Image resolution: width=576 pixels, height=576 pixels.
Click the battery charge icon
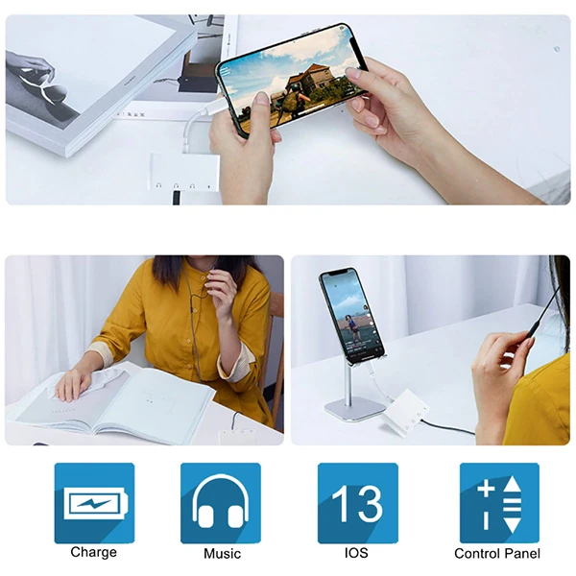point(94,503)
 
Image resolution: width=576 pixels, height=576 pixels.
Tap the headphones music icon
point(221,503)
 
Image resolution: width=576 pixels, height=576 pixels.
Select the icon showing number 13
point(358,503)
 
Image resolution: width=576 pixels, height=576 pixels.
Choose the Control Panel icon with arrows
point(499,503)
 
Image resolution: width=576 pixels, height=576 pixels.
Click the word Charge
point(94,552)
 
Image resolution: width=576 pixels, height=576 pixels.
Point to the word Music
point(223,553)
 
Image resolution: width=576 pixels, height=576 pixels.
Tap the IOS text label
point(356,553)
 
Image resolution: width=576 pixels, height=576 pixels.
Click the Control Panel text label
point(497,553)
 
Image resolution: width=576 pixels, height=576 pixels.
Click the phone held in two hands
point(291,80)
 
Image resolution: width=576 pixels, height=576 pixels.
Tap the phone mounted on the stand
point(351,314)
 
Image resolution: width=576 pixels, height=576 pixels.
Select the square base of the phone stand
point(355,410)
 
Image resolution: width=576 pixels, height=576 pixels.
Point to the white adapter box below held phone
point(184,172)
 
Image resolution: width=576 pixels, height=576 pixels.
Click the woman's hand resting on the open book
point(74,385)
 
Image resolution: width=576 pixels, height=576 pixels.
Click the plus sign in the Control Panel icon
point(486,489)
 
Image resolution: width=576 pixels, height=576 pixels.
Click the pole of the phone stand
point(348,384)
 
